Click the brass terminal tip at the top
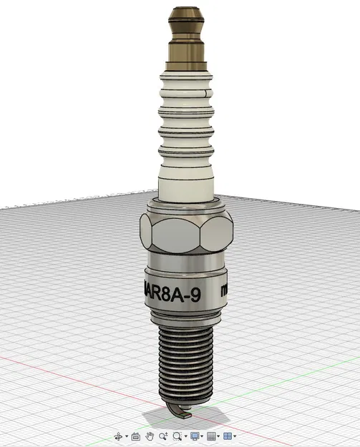point(185,16)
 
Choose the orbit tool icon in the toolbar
point(119,436)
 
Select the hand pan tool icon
point(150,436)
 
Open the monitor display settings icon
point(194,436)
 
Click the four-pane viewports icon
point(228,436)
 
